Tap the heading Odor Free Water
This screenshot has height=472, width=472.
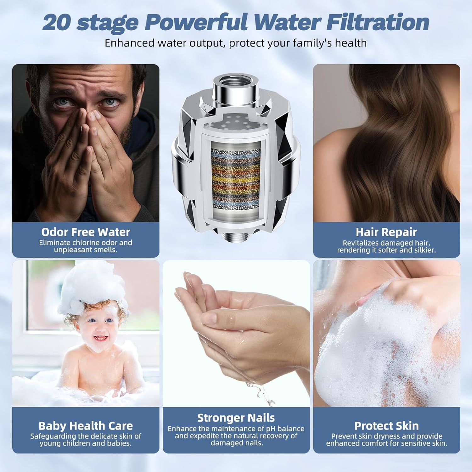(x=86, y=232)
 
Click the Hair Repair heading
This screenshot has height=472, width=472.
(x=386, y=232)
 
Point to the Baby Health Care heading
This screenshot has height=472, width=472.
(x=86, y=426)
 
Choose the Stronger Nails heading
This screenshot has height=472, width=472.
(x=236, y=418)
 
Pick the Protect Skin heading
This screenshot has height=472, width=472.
(x=386, y=426)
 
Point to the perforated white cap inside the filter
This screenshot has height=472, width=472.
(x=236, y=121)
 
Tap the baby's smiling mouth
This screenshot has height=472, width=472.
(x=100, y=338)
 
